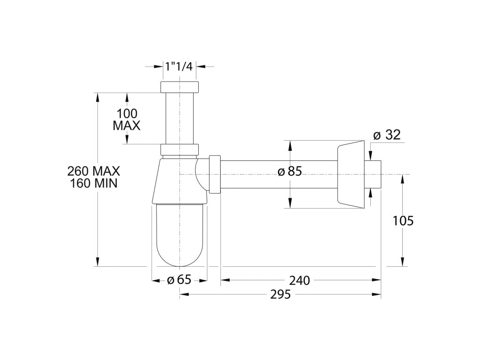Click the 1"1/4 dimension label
tap(179, 66)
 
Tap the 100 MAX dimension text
tap(127, 120)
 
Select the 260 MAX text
tap(94, 171)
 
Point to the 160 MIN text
tap(94, 183)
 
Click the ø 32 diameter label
tap(387, 135)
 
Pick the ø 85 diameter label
tap(290, 172)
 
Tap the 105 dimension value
tap(403, 221)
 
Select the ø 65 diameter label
tap(179, 280)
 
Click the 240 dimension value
tap(300, 280)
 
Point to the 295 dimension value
tap(280, 294)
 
